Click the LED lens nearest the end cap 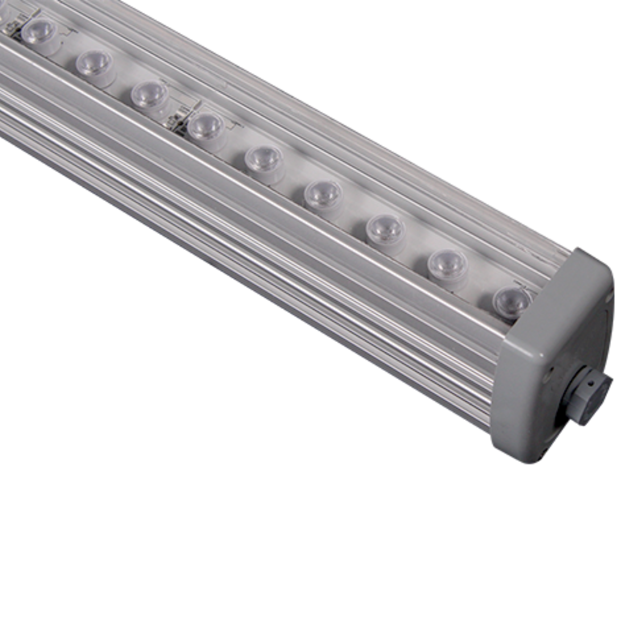point(512,302)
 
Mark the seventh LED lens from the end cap point(149,94)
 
